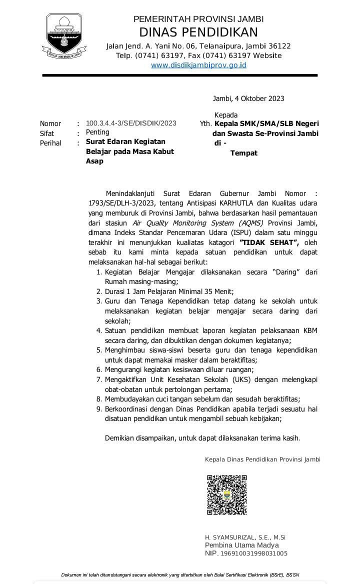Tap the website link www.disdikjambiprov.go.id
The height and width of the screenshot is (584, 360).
pos(191,65)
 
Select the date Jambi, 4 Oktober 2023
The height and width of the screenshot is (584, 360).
pos(248,98)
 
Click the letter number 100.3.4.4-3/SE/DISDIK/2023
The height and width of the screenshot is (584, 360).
pos(131,123)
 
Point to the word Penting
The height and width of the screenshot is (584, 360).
pos(97,132)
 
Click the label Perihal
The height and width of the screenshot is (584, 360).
pos(50,143)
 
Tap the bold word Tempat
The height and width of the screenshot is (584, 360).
pos(243,153)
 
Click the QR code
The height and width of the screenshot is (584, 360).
pos(226,494)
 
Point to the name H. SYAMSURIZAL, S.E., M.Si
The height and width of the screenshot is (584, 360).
pos(245,537)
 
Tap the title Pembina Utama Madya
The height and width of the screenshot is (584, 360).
pos(241,545)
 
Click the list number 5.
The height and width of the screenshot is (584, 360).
pos(99,349)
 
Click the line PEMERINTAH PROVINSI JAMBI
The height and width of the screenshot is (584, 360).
pos(198,19)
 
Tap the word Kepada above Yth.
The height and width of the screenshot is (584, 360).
pos(226,114)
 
